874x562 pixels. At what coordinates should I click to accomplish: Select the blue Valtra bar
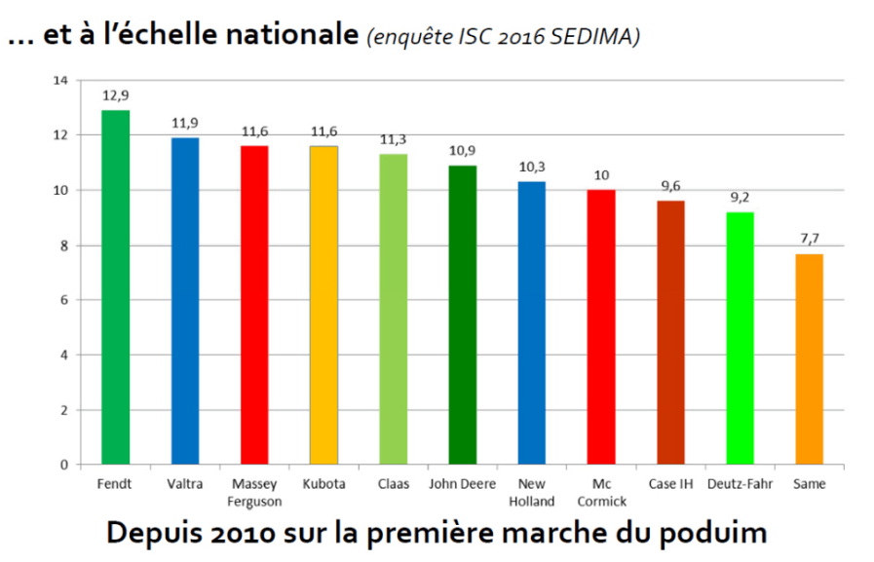click(x=185, y=301)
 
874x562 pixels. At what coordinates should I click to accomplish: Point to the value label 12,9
click(x=115, y=95)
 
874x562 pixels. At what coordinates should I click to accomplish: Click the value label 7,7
click(x=809, y=239)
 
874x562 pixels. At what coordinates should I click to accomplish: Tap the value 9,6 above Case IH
click(x=670, y=186)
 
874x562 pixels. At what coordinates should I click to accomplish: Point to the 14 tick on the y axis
click(x=60, y=80)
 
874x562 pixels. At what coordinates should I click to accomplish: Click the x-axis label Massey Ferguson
click(x=254, y=493)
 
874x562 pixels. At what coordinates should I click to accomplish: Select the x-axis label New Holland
click(x=532, y=493)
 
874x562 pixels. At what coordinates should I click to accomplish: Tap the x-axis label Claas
click(x=394, y=484)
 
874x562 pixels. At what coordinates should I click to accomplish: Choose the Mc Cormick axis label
click(x=601, y=493)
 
